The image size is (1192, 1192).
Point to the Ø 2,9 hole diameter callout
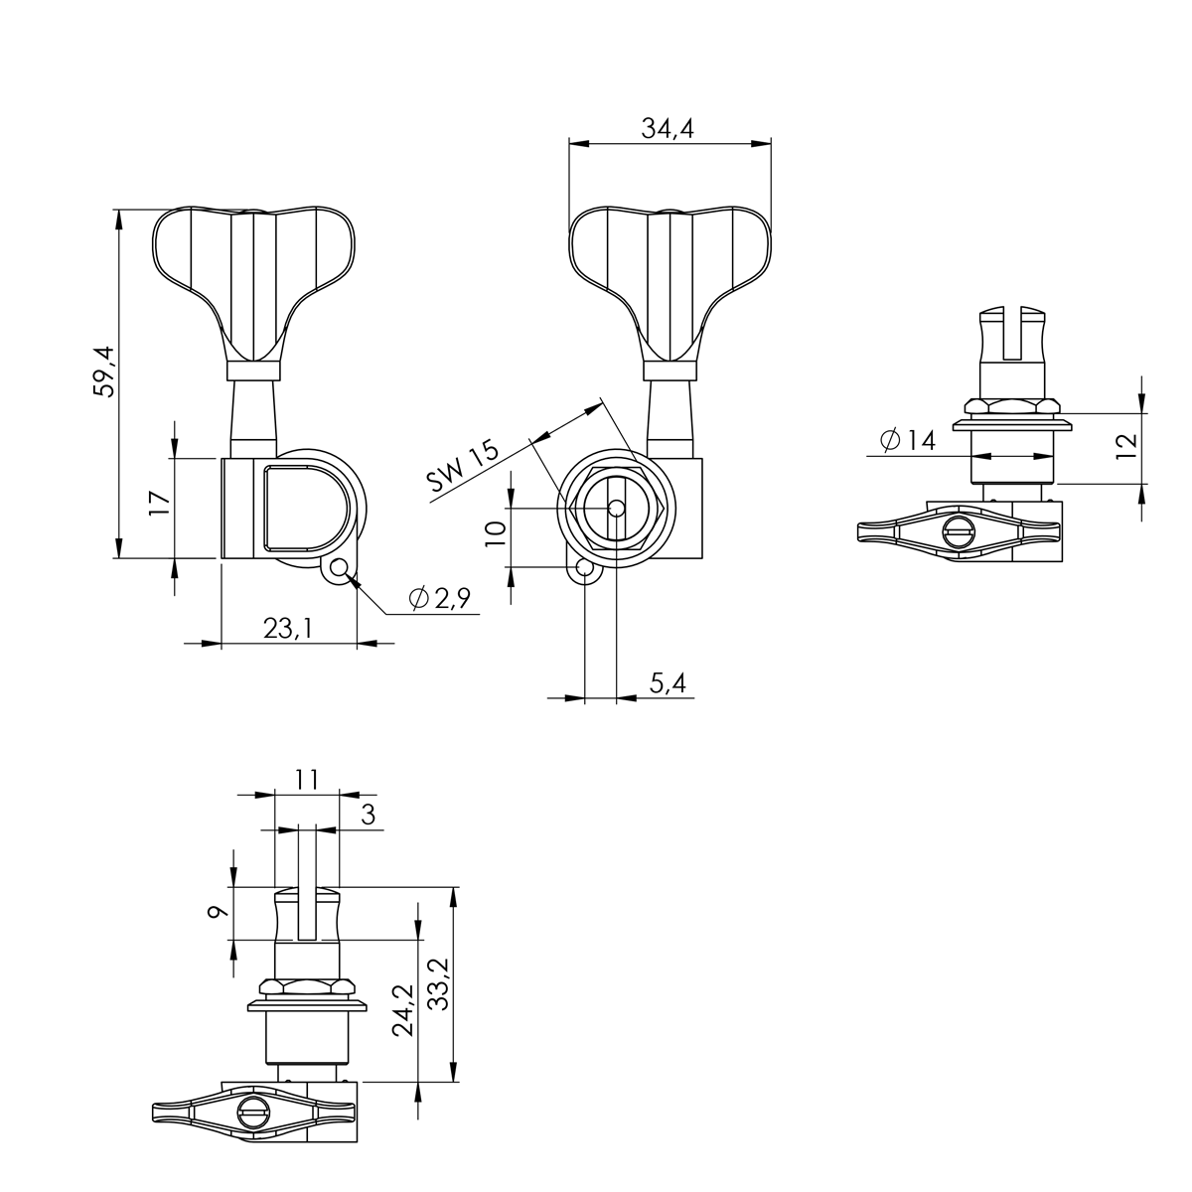click(438, 598)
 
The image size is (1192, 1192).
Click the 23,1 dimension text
click(287, 628)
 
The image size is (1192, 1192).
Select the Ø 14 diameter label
click(908, 440)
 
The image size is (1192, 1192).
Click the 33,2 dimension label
click(438, 984)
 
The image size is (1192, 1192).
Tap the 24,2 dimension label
click(402, 1010)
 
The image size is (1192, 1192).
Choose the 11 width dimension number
click(307, 779)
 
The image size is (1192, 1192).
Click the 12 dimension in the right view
click(1124, 447)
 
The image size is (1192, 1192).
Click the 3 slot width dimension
click(368, 816)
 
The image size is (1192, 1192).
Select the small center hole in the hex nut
click(617, 508)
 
